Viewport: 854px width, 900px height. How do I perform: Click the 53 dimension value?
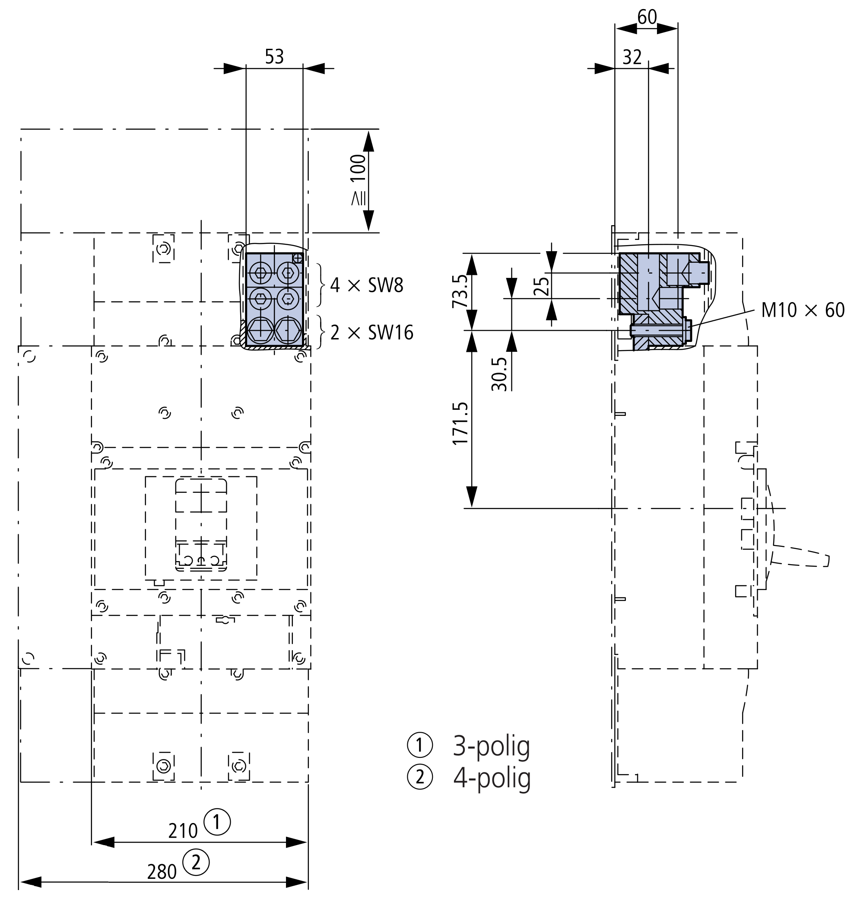click(x=274, y=57)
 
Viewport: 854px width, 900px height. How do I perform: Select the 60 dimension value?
click(x=647, y=17)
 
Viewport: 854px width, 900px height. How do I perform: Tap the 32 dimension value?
click(x=632, y=57)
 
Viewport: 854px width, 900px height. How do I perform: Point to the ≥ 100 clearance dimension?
click(x=358, y=179)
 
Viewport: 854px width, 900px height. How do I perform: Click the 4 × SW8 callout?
click(x=367, y=286)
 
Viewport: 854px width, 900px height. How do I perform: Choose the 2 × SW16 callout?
click(x=372, y=333)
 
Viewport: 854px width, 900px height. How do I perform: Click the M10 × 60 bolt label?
click(x=803, y=310)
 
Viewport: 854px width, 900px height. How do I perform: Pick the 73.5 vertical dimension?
click(x=460, y=291)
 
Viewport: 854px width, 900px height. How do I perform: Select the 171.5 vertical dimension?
click(x=460, y=423)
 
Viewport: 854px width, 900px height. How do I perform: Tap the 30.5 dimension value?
click(x=499, y=374)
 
